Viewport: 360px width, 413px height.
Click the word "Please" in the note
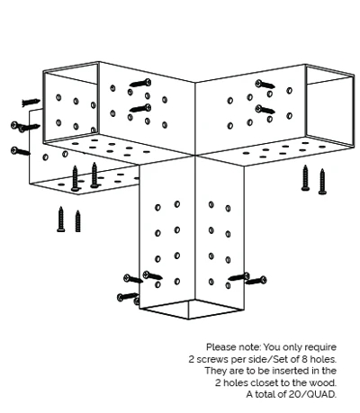(x=221, y=347)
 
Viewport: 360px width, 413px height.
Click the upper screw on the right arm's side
(x=265, y=85)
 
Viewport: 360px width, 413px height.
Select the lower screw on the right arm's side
(x=265, y=110)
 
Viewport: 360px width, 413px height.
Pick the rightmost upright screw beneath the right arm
(x=322, y=182)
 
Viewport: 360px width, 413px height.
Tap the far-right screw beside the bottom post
(x=256, y=281)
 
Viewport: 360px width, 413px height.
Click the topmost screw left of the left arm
(x=31, y=103)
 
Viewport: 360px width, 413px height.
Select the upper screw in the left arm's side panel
(x=140, y=83)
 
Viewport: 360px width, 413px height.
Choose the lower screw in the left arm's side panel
(x=140, y=108)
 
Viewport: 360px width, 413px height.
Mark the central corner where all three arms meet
(x=195, y=155)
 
